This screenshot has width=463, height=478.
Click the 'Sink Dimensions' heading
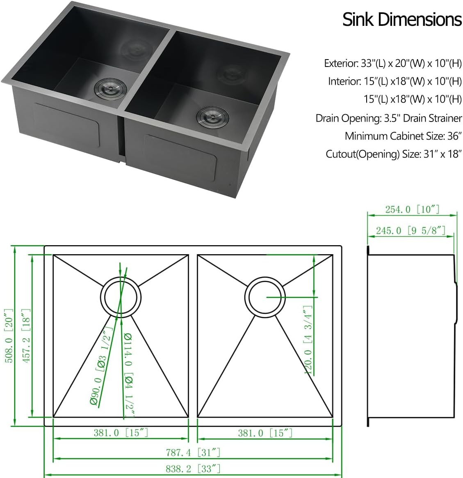click(402, 20)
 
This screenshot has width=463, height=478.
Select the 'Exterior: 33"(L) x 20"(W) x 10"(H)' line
click(392, 63)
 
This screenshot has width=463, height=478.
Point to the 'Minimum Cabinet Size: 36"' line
click(403, 136)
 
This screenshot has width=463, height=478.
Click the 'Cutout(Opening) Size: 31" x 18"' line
click(394, 154)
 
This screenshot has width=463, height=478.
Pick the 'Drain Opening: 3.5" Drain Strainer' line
click(388, 118)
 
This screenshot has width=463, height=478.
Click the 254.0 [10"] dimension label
click(412, 209)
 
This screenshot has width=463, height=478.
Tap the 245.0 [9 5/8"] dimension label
click(411, 231)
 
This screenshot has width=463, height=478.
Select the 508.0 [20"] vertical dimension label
click(9, 336)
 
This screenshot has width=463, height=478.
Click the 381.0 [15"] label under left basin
click(121, 432)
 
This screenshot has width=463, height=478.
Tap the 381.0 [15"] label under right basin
click(265, 433)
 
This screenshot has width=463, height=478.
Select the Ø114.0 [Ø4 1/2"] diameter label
click(128, 374)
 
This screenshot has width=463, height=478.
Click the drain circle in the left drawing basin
click(121, 297)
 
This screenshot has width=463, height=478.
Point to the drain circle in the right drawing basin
click(265, 297)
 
